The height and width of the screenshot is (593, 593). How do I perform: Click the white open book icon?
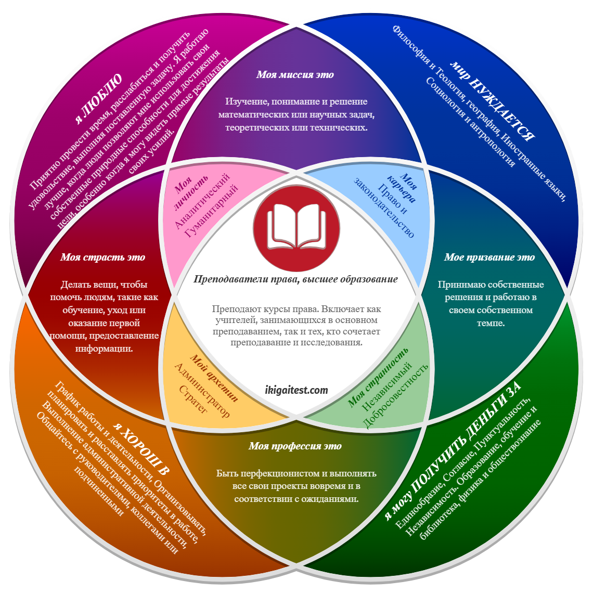point(296,228)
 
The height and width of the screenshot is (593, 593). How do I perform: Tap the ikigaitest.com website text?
point(296,390)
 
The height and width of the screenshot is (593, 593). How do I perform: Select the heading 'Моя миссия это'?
point(295,75)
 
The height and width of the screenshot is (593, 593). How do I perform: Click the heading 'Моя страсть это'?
point(102,257)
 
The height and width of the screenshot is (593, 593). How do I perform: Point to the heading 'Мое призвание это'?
point(489,257)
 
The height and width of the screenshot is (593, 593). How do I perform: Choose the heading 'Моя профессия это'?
point(295,446)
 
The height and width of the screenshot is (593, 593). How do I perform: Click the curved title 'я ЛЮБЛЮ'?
point(99,98)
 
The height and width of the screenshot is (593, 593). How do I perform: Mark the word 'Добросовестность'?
point(397,395)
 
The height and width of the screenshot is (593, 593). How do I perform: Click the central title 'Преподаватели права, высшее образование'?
point(295,279)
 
